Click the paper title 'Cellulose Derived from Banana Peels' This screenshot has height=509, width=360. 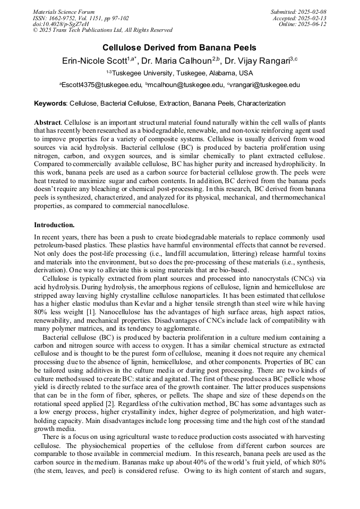[179, 47]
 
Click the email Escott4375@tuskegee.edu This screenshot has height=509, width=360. [101, 85]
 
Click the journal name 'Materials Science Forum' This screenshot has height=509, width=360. [64, 12]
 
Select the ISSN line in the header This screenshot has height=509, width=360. [81, 18]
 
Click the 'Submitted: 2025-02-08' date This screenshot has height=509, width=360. [298, 12]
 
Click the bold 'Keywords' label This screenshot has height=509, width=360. [50, 103]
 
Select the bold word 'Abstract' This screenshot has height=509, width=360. [47, 122]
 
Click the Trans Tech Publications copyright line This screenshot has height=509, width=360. [102, 30]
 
